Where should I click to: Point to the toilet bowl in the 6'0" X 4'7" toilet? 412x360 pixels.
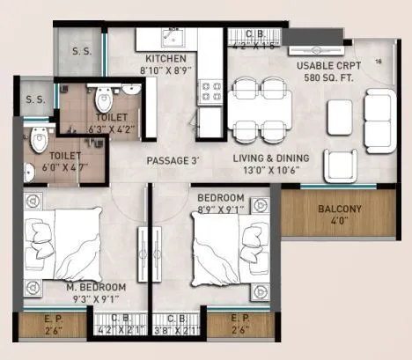click(36, 137)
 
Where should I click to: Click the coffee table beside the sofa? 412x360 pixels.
click(338, 112)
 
